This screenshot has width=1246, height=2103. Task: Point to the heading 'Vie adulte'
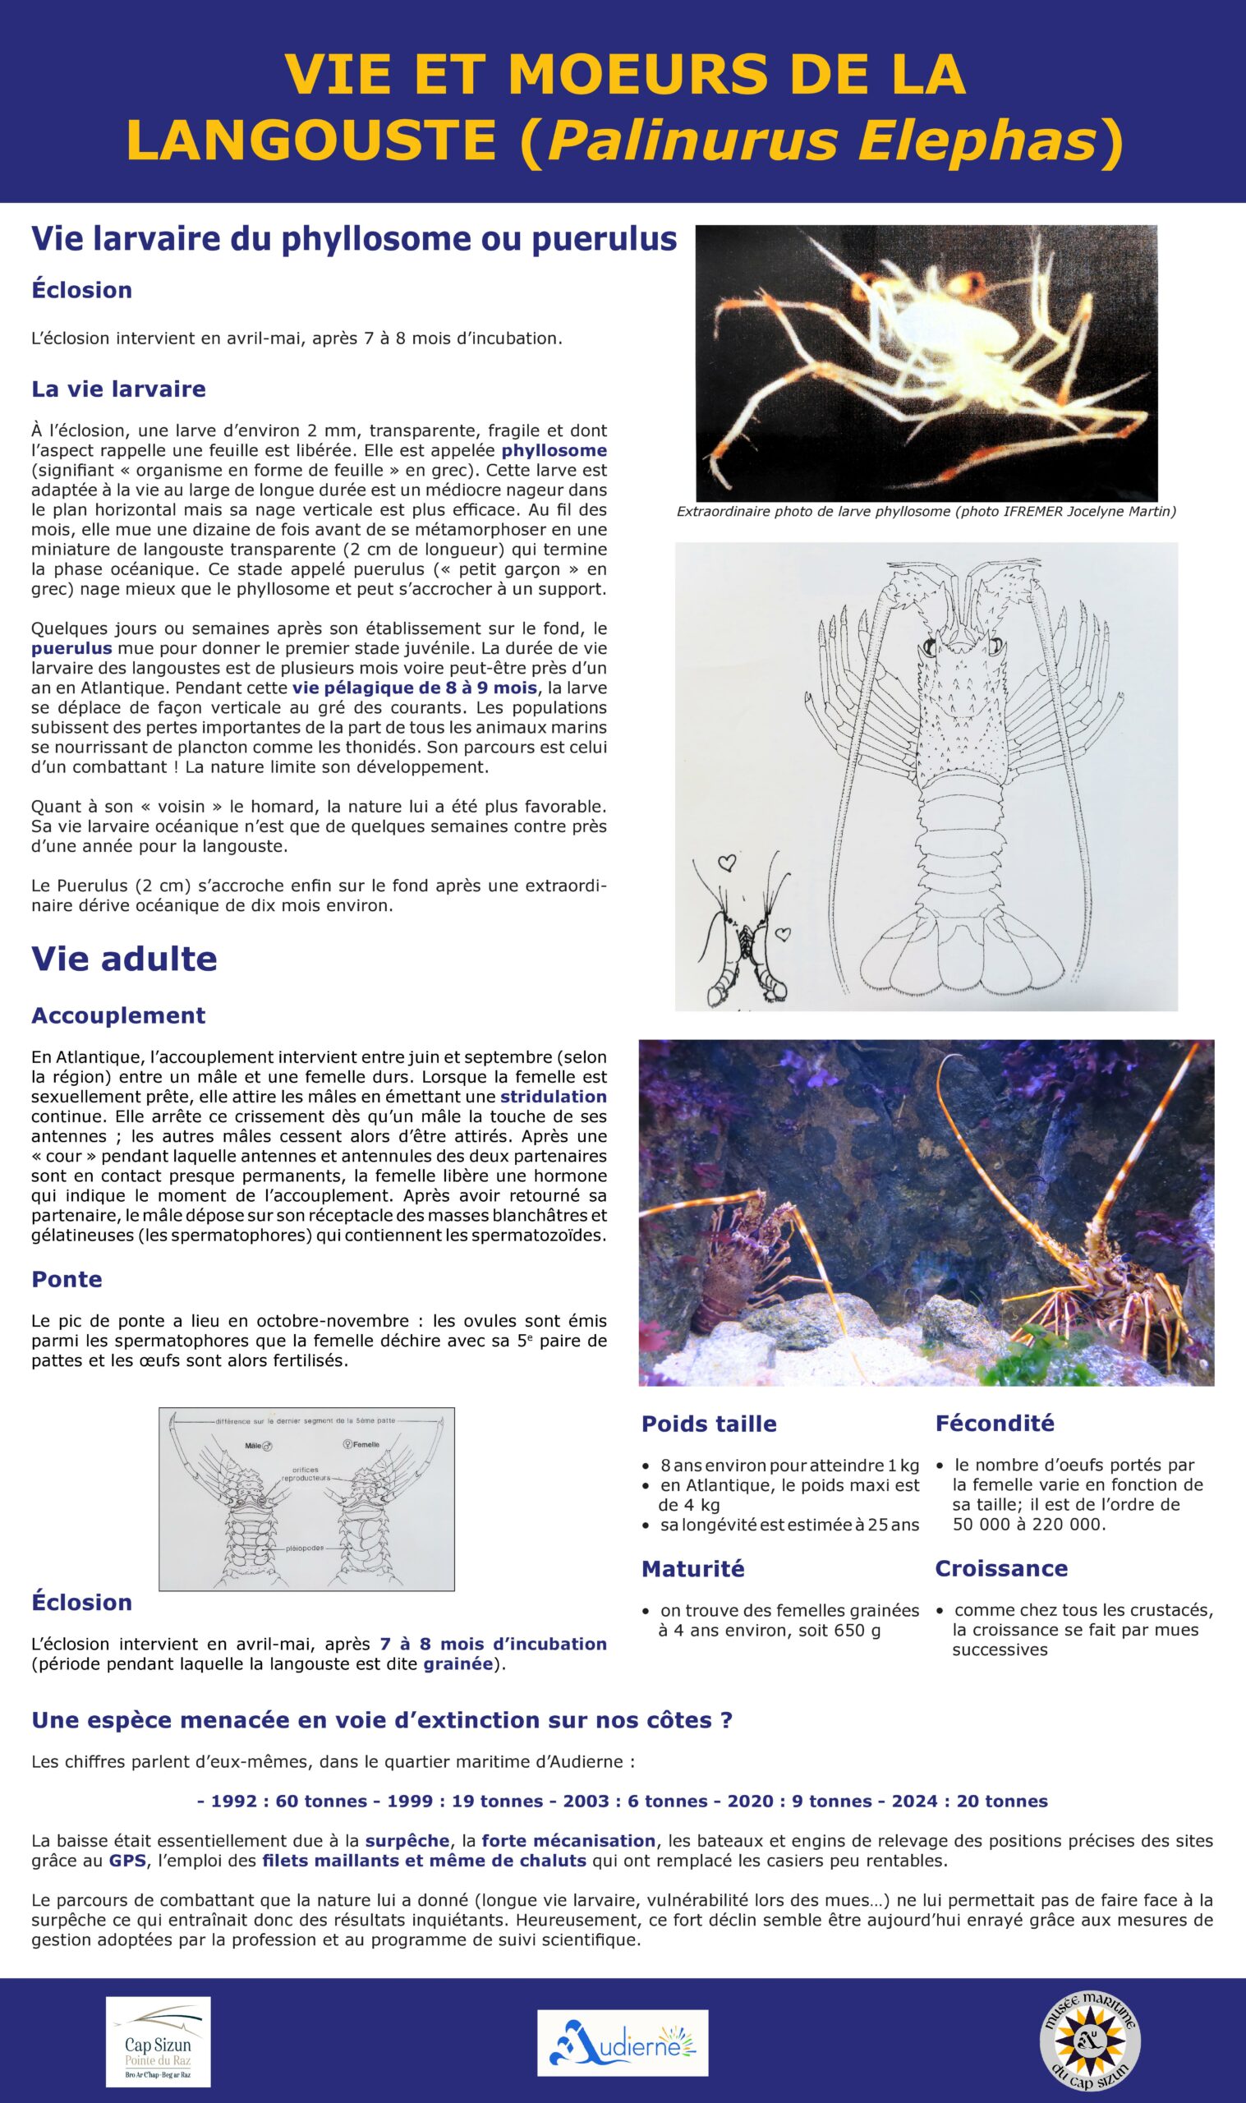coord(124,959)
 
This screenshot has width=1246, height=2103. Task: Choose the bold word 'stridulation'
coord(554,1097)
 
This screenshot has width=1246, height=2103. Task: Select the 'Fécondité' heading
coord(994,1423)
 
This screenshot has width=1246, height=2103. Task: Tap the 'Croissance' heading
coord(1001,1568)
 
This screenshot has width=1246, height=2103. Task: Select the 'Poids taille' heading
coord(709,1424)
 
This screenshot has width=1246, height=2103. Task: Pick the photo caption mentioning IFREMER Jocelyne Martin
coord(926,512)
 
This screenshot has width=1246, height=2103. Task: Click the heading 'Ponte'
coord(67,1279)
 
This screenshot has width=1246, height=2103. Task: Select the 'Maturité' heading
coord(692,1569)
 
